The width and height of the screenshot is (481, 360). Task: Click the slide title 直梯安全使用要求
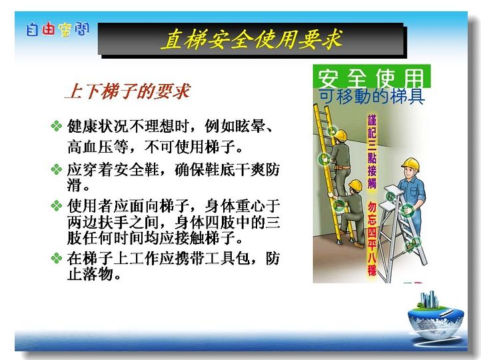(x=251, y=39)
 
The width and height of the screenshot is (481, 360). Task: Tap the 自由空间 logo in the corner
(x=57, y=29)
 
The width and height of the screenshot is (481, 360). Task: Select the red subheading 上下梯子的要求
(x=128, y=91)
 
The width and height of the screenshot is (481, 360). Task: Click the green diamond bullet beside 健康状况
(x=57, y=126)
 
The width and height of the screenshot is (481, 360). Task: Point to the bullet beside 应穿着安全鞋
(x=57, y=169)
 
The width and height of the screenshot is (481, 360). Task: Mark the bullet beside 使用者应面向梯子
(x=57, y=205)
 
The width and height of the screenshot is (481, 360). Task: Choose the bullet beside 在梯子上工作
(x=57, y=258)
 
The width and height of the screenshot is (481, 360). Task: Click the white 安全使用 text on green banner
(x=370, y=78)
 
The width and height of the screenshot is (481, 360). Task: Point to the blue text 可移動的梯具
(x=372, y=96)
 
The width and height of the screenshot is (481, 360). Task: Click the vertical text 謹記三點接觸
(x=372, y=151)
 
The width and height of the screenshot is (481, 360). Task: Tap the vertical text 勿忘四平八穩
(x=372, y=239)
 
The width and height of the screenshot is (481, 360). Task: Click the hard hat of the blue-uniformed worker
(x=410, y=163)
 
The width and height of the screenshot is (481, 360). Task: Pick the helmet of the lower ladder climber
(x=356, y=185)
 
